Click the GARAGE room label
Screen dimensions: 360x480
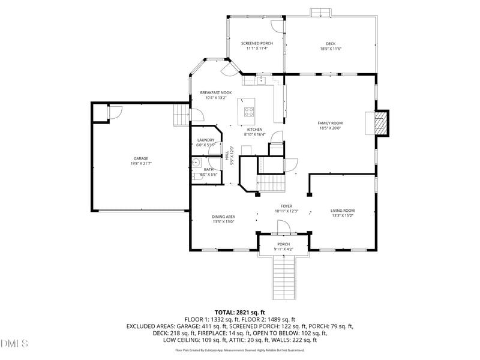(x=140, y=158)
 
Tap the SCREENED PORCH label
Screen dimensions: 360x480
(x=257, y=43)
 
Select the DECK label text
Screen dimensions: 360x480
(x=331, y=43)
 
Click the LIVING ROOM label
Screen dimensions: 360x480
(x=343, y=211)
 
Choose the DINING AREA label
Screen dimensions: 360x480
(x=223, y=217)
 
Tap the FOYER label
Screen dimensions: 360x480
(x=283, y=206)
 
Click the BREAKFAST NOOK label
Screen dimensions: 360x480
(x=215, y=92)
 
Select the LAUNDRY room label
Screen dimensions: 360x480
(x=205, y=140)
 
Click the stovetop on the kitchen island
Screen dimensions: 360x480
(x=249, y=111)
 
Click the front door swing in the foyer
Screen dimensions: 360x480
(x=283, y=226)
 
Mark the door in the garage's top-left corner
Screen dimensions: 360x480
(x=113, y=112)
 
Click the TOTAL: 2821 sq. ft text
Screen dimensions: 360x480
(x=239, y=313)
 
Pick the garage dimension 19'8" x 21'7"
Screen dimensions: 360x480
(x=140, y=163)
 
